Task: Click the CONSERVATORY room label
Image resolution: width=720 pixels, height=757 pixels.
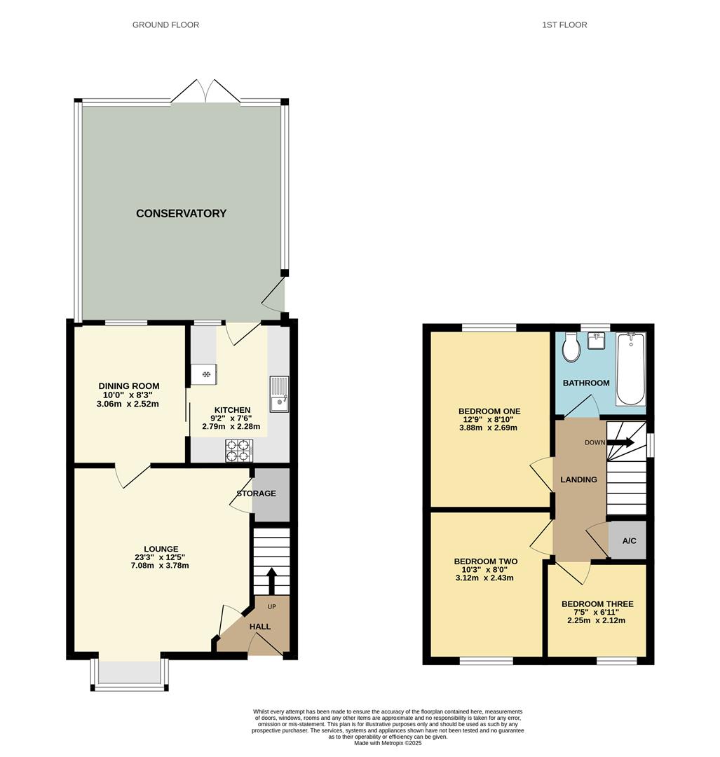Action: (x=181, y=213)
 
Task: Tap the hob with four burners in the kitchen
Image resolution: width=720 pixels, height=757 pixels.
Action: (x=239, y=450)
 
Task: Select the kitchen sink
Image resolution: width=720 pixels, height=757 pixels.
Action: (x=279, y=394)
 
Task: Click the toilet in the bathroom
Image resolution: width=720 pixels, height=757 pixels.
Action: (x=571, y=348)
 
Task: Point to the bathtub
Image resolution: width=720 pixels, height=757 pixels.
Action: (x=630, y=369)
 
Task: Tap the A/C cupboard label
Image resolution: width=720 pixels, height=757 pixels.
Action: (x=630, y=540)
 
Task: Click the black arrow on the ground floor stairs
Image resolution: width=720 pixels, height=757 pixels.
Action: (x=271, y=581)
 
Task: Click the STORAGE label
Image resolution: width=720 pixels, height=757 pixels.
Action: (x=256, y=493)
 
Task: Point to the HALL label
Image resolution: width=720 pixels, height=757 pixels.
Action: (x=260, y=627)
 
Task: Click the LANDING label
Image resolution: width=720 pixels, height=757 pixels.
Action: (x=578, y=479)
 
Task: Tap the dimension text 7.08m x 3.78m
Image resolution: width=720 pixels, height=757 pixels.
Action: (x=160, y=566)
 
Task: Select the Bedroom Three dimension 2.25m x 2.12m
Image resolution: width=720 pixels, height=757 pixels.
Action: (x=597, y=620)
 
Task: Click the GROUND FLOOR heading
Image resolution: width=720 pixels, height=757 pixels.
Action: (x=165, y=25)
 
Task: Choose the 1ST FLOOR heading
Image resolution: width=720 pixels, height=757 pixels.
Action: (x=564, y=25)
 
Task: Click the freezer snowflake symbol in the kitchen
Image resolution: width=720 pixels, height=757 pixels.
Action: (x=205, y=374)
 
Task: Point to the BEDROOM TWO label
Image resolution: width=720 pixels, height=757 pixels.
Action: (x=485, y=561)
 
